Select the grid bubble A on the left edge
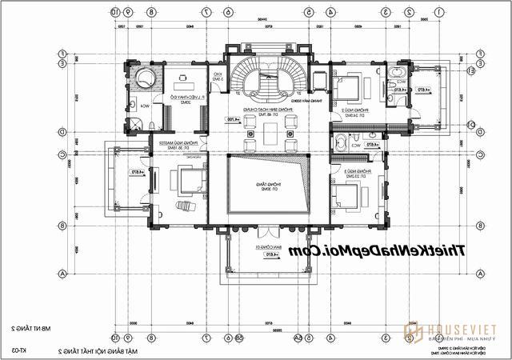(x=62, y=273)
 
